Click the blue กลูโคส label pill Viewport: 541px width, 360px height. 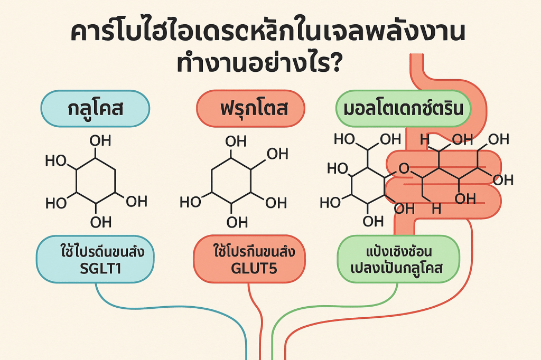(95, 109)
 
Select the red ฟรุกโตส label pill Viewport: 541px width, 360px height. (250, 109)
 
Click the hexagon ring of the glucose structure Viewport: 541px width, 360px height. (96, 182)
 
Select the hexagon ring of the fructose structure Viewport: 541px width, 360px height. (231, 182)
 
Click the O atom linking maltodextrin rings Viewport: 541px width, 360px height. (404, 169)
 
